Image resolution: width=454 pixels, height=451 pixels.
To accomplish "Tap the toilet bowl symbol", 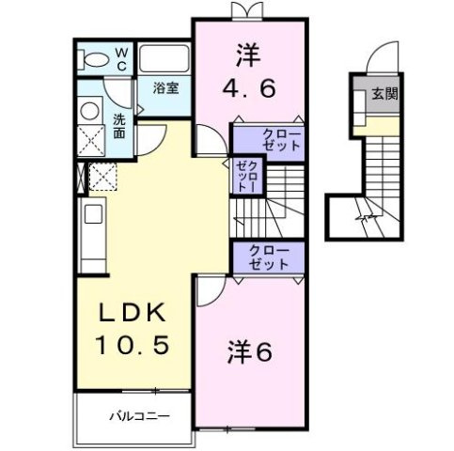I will pos(94,58).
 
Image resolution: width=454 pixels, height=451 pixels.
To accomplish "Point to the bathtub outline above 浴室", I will pos(166,58).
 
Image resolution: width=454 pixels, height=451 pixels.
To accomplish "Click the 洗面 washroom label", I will pos(120,126).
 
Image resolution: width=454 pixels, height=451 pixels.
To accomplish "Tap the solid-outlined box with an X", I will pos(92,139).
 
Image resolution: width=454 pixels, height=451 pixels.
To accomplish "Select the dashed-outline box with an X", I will pos(100,175).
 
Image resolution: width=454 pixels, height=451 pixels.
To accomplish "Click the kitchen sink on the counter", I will pos(92,215).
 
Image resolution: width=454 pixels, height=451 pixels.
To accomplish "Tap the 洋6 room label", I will pos(249,352).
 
